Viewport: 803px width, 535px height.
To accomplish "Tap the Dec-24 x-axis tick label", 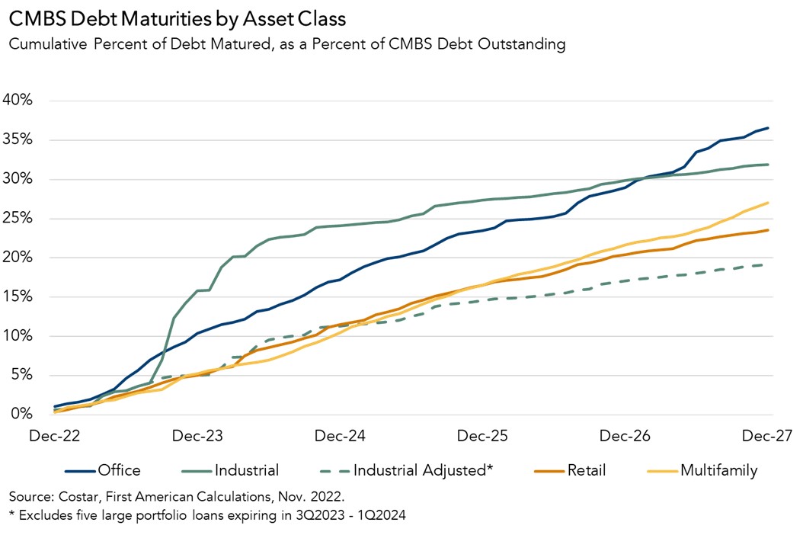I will click(x=341, y=436).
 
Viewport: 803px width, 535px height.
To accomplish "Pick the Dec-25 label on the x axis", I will click(x=483, y=436).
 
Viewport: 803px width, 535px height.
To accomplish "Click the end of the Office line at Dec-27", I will click(x=768, y=128).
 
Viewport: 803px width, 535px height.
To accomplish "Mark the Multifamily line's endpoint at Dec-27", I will click(x=768, y=203).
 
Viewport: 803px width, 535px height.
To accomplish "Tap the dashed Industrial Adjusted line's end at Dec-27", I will click(x=767, y=264).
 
